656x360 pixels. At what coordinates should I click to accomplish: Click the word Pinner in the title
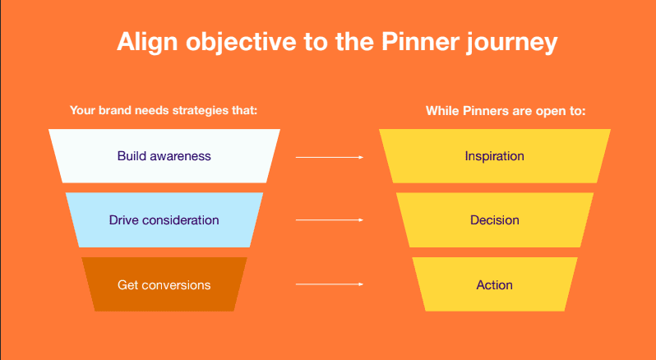pyautogui.click(x=419, y=41)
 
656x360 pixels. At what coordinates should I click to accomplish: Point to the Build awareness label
pyautogui.click(x=164, y=156)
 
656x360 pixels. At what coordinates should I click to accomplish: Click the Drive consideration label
pyautogui.click(x=164, y=220)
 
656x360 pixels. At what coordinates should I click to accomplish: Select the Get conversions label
pyautogui.click(x=164, y=284)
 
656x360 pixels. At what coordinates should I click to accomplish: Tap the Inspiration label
pyautogui.click(x=495, y=156)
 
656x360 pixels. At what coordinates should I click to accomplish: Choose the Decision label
pyautogui.click(x=495, y=220)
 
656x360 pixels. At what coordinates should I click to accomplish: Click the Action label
pyautogui.click(x=495, y=284)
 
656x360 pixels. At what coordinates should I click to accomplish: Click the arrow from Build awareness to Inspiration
pyautogui.click(x=330, y=157)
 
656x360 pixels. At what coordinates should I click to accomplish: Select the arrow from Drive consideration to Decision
pyautogui.click(x=330, y=220)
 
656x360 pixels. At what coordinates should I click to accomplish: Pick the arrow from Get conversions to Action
pyautogui.click(x=330, y=284)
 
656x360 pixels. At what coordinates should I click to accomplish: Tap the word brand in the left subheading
pyautogui.click(x=113, y=110)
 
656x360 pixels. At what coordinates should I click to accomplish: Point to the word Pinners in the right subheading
pyautogui.click(x=481, y=111)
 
